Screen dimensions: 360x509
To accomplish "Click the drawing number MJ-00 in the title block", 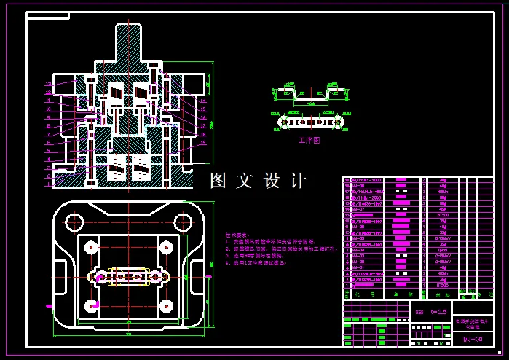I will pyautogui.click(x=473, y=339).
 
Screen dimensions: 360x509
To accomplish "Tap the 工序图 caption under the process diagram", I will pyautogui.click(x=309, y=141).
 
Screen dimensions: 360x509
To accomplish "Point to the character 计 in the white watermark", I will pyautogui.click(x=299, y=181).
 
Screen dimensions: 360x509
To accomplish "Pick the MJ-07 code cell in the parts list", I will pyautogui.click(x=358, y=210).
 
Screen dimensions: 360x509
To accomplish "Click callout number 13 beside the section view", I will pyautogui.click(x=48, y=85).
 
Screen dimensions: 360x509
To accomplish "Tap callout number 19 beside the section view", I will pyautogui.click(x=203, y=143).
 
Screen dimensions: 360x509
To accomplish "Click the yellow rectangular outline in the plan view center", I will pyautogui.click(x=128, y=277).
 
